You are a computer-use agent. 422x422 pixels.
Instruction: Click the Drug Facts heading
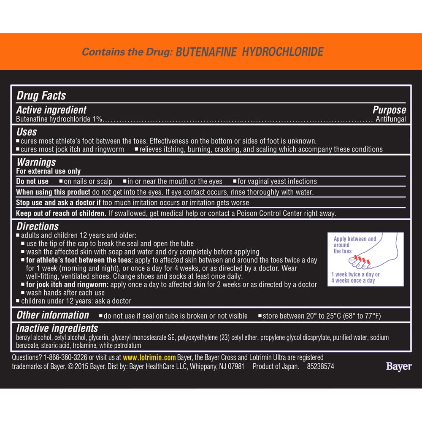pyautogui.click(x=41, y=96)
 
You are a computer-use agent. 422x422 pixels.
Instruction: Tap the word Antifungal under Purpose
pyautogui.click(x=390, y=119)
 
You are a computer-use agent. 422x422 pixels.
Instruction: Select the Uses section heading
pyautogui.click(x=27, y=132)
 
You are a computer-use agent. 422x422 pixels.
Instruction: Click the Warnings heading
pyautogui.click(x=36, y=162)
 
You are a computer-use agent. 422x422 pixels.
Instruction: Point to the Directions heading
pyautogui.click(x=38, y=226)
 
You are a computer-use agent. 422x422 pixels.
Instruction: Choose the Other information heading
pyautogui.click(x=53, y=315)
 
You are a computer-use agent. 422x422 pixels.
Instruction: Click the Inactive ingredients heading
pyautogui.click(x=57, y=328)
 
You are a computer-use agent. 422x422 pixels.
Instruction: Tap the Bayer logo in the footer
pyautogui.click(x=398, y=366)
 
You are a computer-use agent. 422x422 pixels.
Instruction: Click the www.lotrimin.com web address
pyautogui.click(x=149, y=357)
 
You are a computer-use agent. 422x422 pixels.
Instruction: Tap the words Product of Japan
pyautogui.click(x=276, y=367)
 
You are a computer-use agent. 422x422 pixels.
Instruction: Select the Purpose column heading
pyautogui.click(x=389, y=110)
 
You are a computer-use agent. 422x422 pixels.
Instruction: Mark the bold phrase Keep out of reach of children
pyautogui.click(x=61, y=214)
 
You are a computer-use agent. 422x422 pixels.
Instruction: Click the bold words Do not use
pyautogui.click(x=32, y=181)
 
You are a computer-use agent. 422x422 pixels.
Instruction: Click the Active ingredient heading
pyautogui.click(x=51, y=110)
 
